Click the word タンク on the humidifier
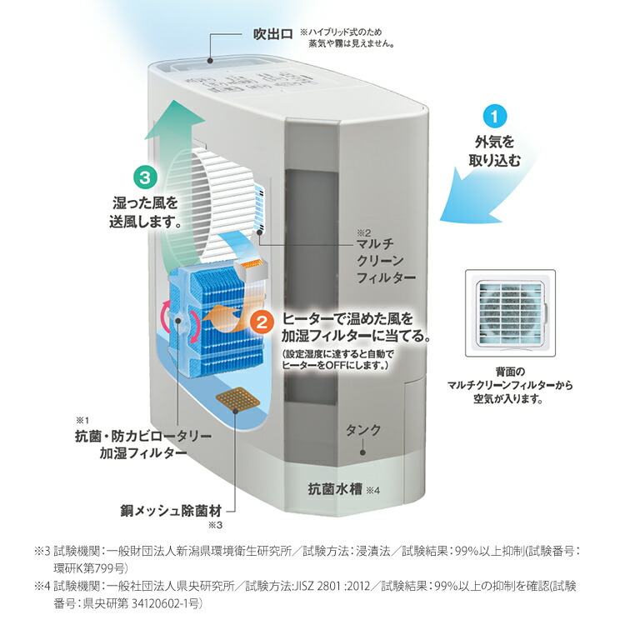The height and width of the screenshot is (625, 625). click(x=363, y=431)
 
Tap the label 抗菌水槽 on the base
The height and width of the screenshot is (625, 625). click(x=333, y=489)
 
